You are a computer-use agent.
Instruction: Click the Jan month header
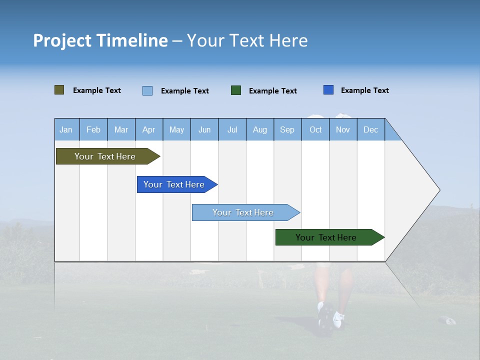click(66, 129)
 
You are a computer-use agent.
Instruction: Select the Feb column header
click(93, 129)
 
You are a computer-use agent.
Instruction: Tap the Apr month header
click(149, 129)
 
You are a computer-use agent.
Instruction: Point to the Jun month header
click(204, 129)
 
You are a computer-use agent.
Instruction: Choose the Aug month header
click(260, 129)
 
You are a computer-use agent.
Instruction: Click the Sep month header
click(287, 129)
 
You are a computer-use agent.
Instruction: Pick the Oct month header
click(315, 129)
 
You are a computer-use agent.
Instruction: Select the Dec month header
click(371, 129)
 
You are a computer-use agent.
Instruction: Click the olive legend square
click(59, 90)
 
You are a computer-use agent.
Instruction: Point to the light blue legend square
click(147, 90)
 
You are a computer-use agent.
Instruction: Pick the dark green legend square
click(236, 90)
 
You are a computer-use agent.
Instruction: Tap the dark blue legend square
click(328, 90)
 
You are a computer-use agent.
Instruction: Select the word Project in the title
click(61, 40)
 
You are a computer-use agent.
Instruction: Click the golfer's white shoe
click(338, 318)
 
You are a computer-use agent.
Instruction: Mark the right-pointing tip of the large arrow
click(439, 190)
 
